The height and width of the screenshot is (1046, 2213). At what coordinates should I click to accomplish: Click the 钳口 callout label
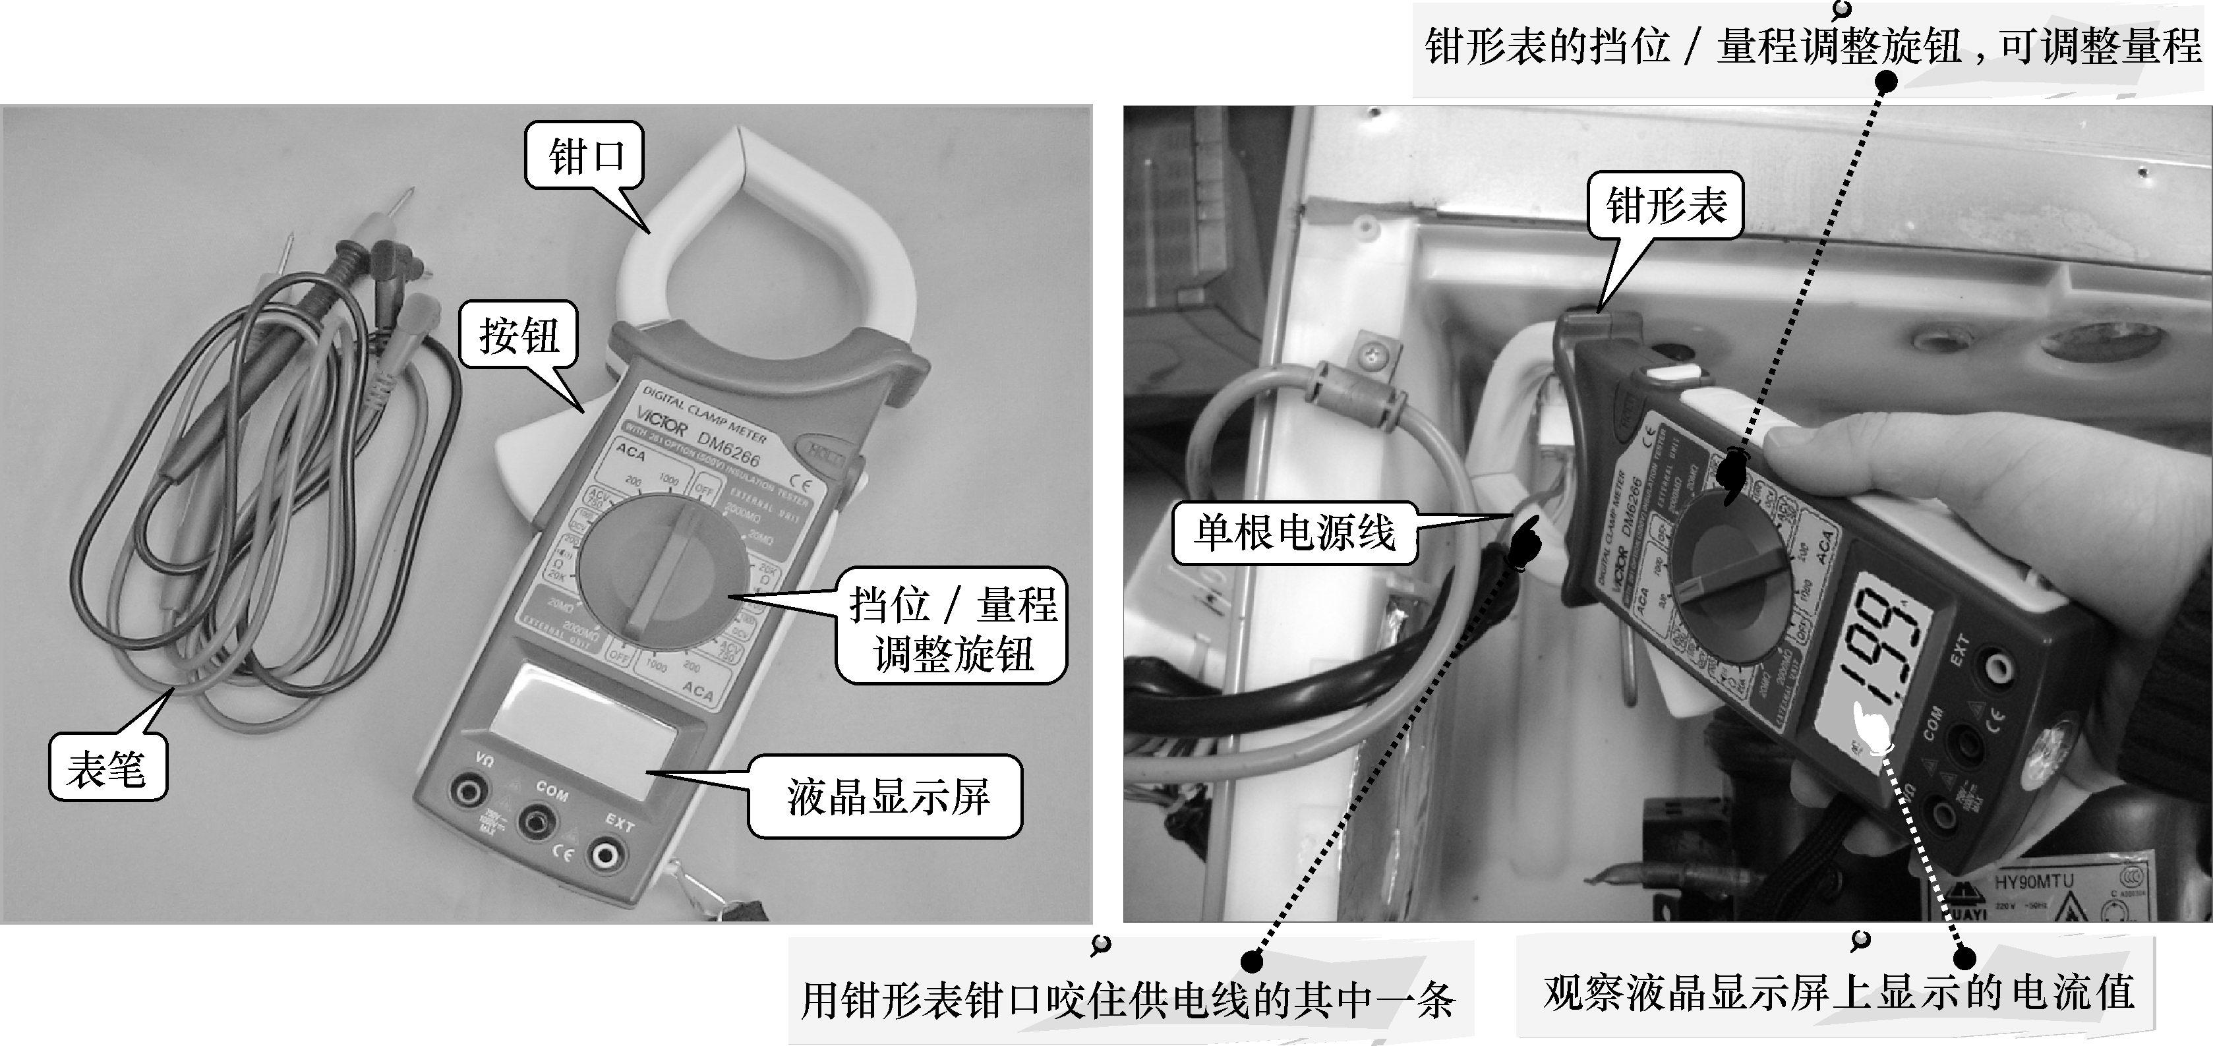tap(585, 157)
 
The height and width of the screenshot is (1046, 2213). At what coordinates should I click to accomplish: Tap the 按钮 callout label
tap(519, 335)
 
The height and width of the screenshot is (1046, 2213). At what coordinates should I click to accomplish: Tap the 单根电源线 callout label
tap(1294, 533)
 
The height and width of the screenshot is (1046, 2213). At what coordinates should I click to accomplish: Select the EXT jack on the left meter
tap(606, 854)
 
